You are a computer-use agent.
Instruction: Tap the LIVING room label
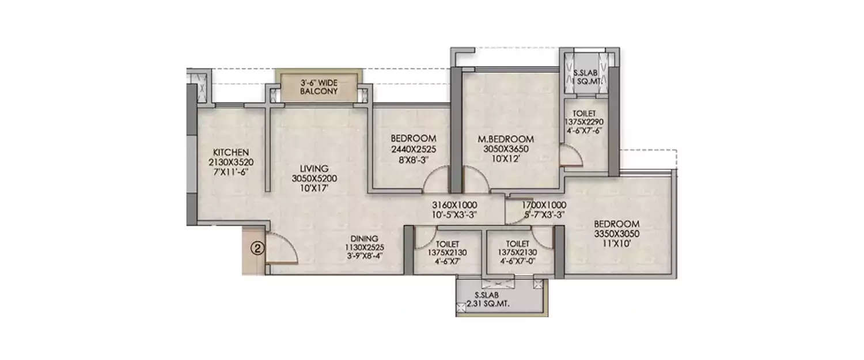(313, 168)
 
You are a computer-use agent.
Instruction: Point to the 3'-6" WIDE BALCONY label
(318, 86)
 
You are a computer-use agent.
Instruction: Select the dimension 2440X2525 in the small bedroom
(413, 149)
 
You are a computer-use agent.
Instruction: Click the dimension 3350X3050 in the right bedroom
(617, 233)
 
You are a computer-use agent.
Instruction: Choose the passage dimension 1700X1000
(544, 205)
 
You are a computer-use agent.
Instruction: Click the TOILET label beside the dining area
(447, 244)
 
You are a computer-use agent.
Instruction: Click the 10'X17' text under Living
(314, 187)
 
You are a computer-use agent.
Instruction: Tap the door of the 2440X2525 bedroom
(436, 179)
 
